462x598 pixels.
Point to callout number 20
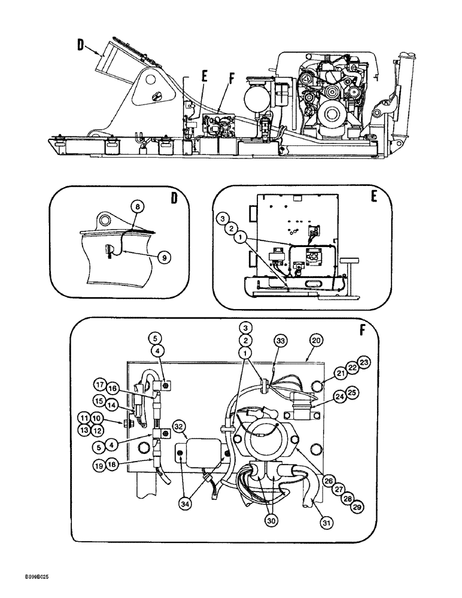pyautogui.click(x=315, y=341)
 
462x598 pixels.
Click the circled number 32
pyautogui.click(x=179, y=426)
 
